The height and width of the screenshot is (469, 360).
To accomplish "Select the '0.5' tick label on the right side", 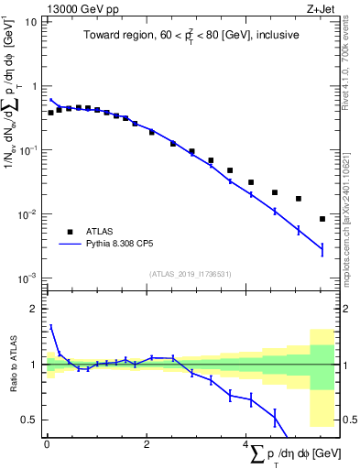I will coord(348,420).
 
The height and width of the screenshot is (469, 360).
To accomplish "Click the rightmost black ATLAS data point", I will coord(322,219).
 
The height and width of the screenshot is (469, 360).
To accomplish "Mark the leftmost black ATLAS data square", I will coord(51,113).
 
